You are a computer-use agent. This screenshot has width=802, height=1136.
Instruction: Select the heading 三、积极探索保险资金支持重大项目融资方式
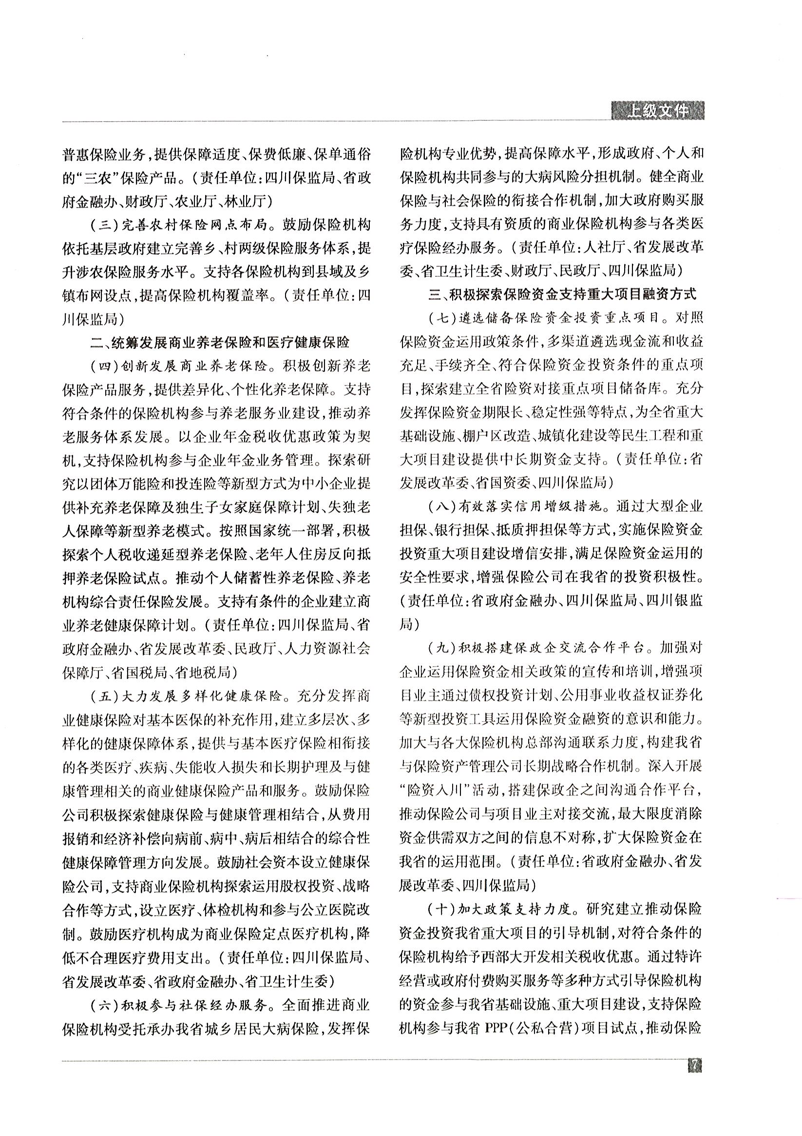click(x=563, y=294)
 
